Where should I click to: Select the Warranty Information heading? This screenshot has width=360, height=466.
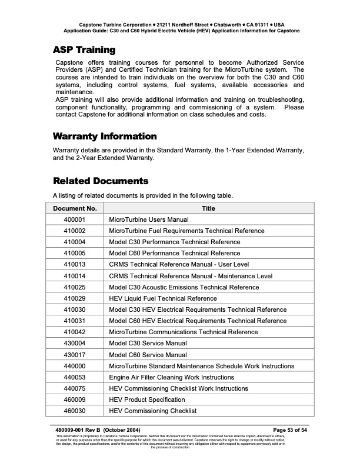[x=105, y=137]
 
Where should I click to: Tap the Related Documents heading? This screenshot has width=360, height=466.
[x=101, y=181]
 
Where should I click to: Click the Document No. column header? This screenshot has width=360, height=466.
[x=75, y=208]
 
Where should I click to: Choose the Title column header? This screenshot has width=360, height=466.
[x=208, y=208]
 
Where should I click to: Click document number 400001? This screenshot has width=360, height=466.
[x=75, y=219]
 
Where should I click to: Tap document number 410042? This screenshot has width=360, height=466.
[x=75, y=332]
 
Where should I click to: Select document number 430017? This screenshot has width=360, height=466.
[x=75, y=355]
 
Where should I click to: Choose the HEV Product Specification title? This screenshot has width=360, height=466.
[x=146, y=400]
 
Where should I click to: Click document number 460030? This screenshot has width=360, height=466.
[x=75, y=411]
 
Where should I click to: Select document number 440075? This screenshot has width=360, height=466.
[x=75, y=388]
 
